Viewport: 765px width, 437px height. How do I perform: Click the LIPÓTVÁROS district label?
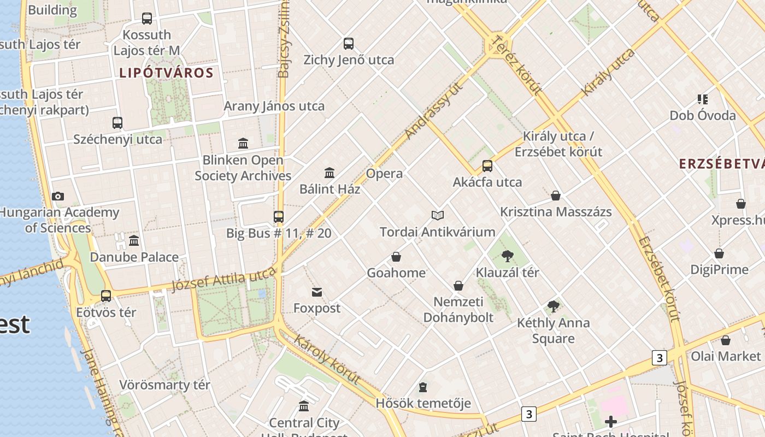(166, 73)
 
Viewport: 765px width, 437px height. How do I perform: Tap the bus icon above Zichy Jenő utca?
(349, 44)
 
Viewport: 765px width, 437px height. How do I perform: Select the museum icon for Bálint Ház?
(329, 173)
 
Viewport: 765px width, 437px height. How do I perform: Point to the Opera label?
(384, 174)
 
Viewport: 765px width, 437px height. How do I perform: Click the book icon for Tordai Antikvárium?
(438, 215)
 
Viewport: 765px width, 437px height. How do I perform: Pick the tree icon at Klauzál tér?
(508, 256)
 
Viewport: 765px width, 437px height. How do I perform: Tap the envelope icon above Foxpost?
(317, 292)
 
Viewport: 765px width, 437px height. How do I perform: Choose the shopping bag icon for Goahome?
(396, 257)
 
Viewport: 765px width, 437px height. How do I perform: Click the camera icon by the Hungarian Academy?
(57, 197)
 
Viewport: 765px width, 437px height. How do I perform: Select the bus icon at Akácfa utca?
(487, 166)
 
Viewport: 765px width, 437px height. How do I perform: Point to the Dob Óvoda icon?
(703, 99)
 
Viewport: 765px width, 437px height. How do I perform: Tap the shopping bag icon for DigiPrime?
(719, 253)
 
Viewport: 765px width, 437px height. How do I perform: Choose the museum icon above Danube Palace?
(134, 240)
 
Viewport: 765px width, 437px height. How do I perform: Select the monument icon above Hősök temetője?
(423, 387)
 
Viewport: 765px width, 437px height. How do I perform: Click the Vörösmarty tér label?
(164, 385)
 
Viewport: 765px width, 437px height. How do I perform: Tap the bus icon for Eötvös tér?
(106, 296)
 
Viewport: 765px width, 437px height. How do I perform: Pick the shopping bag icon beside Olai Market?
(726, 340)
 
